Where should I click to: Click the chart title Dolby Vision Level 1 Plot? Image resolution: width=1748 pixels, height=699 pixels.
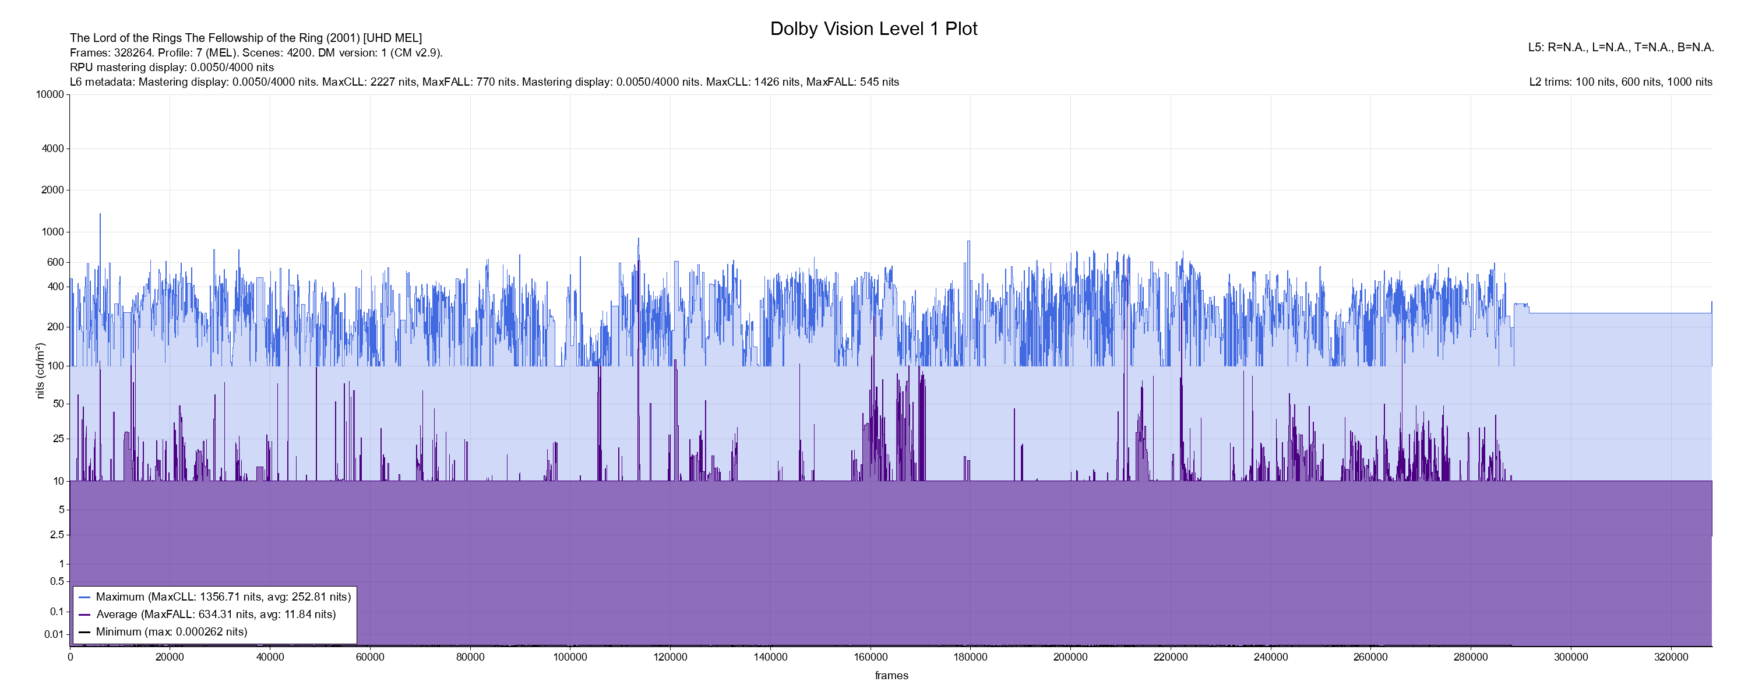point(873,29)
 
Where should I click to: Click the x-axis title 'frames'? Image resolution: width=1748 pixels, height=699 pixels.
point(891,675)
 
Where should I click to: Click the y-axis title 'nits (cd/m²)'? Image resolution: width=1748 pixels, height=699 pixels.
point(40,370)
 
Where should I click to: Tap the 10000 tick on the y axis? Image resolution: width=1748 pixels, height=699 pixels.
point(50,94)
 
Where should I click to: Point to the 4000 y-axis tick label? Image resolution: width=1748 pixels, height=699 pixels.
point(53,149)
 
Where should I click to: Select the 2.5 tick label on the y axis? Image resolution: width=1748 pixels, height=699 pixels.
point(57,535)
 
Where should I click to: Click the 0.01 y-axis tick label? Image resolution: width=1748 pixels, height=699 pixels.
point(54,634)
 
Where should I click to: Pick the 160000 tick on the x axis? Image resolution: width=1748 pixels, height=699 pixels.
point(871,657)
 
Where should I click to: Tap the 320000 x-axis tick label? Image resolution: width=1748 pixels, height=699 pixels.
point(1671,657)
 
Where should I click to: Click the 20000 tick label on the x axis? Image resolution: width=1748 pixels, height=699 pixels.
point(170,657)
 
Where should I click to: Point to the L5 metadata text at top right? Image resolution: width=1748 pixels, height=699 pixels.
point(1620,48)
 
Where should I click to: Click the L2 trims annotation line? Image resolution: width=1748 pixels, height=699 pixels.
point(1620,82)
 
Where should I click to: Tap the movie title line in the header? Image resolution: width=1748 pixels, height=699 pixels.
point(246,38)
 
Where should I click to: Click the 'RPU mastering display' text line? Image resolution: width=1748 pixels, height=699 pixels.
point(172,67)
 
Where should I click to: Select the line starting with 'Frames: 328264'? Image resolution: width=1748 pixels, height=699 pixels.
point(256,52)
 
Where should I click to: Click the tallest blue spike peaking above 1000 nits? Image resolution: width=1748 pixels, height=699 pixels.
point(100,216)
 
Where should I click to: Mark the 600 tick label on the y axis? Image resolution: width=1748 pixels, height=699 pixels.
point(55,262)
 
